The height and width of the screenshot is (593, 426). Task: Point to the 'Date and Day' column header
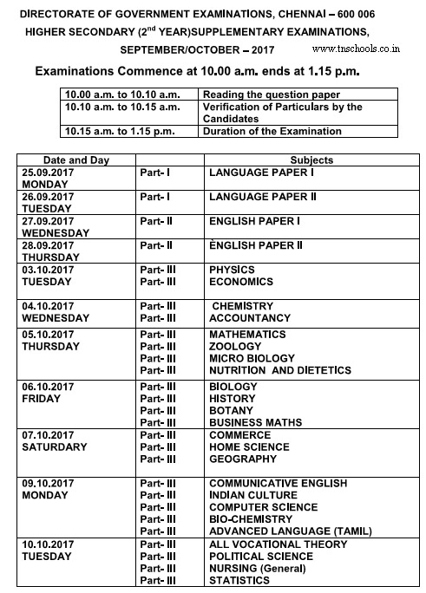tap(77, 160)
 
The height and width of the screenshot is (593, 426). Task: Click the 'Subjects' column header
tap(311, 160)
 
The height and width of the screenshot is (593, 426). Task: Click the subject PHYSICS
tap(232, 270)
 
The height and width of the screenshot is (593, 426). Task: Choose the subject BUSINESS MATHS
tap(255, 422)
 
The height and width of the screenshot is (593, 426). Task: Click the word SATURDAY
tap(54, 446)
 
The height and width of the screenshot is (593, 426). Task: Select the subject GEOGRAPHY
tap(244, 459)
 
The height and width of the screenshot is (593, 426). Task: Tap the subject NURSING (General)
tap(258, 568)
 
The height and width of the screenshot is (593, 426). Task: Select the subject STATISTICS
tap(239, 580)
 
